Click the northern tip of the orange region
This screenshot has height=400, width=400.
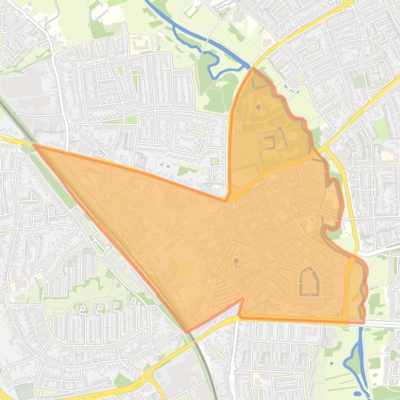(x=253, y=68)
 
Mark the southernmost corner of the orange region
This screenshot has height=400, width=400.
(x=188, y=331)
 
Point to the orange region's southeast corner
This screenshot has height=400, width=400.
(x=363, y=323)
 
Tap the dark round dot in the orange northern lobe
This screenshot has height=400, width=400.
(x=259, y=108)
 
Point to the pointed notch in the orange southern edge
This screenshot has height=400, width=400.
(x=242, y=299)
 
